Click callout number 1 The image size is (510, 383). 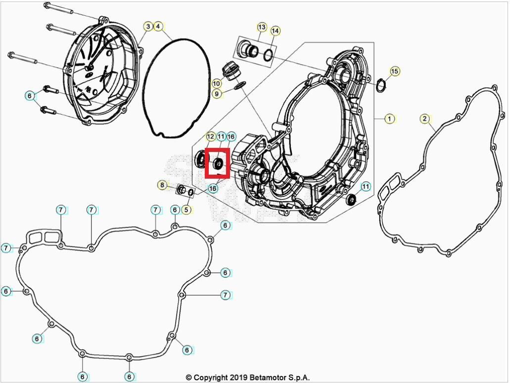pos(390,119)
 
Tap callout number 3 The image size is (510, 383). pos(148,26)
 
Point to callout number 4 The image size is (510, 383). pos(158,26)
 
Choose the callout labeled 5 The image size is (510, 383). pos(186,210)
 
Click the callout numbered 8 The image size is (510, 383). pos(162,185)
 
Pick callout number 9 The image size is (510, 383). pos(217,94)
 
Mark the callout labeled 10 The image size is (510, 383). pos(217,83)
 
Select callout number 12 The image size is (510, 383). pos(211,136)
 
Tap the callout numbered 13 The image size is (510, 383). pos(262,26)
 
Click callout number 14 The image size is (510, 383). pos(276,31)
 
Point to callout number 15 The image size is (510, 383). pos(394,72)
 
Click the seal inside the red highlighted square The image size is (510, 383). pos(218,163)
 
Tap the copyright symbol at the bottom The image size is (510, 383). pos(189,378)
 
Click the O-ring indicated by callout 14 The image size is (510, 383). pos(268,55)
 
